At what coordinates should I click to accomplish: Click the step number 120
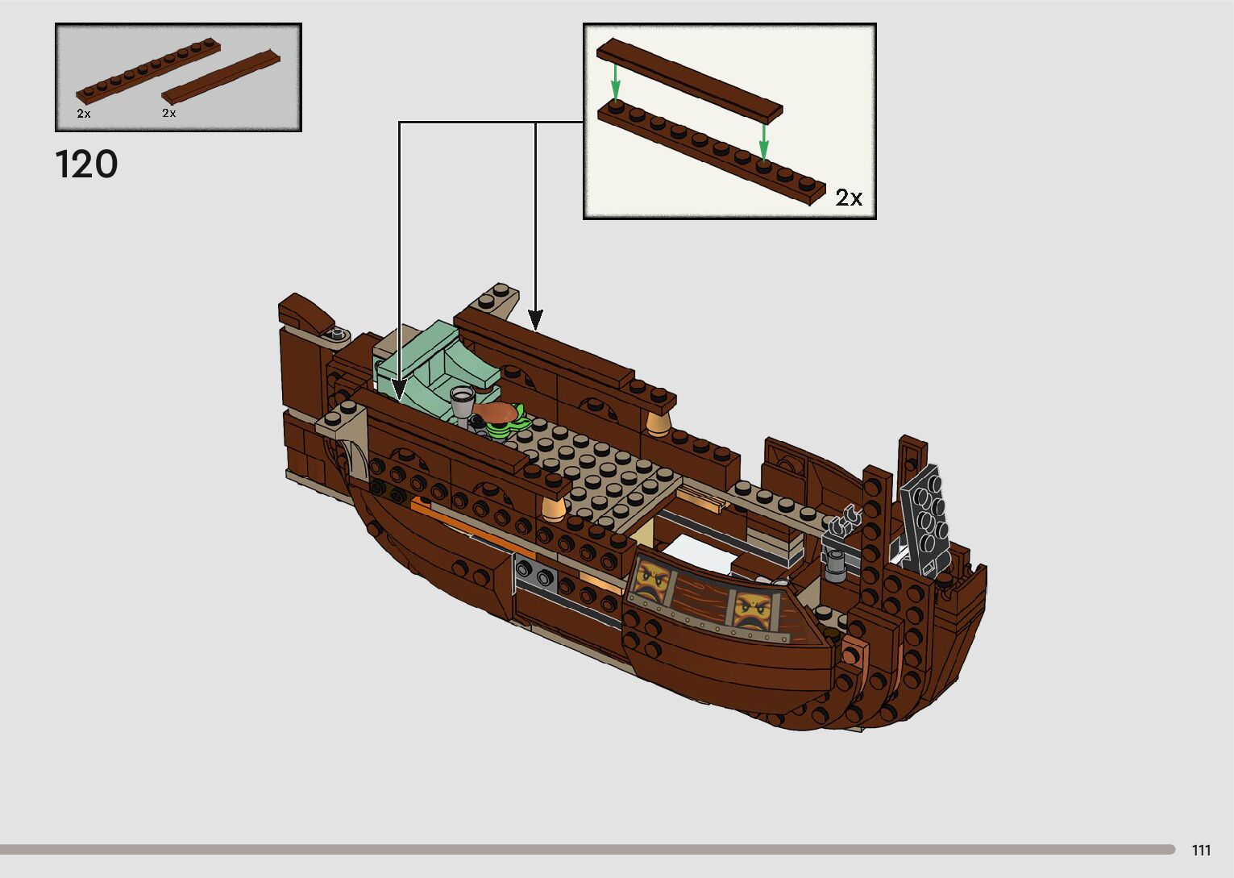[86, 164]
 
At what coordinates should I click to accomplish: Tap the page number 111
[1201, 851]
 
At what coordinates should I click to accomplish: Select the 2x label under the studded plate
[84, 114]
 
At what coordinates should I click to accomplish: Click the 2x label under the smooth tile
[169, 114]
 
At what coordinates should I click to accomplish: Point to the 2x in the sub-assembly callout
[849, 198]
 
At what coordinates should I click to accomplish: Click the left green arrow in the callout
[615, 81]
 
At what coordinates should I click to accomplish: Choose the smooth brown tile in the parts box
[222, 76]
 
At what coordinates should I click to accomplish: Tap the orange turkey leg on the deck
[496, 413]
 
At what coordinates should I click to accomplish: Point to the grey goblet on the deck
[462, 401]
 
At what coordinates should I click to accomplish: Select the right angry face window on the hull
[751, 608]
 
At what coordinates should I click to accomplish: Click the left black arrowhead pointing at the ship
[400, 390]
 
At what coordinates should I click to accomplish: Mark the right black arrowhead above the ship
[535, 319]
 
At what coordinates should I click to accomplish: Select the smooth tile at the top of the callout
[689, 79]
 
